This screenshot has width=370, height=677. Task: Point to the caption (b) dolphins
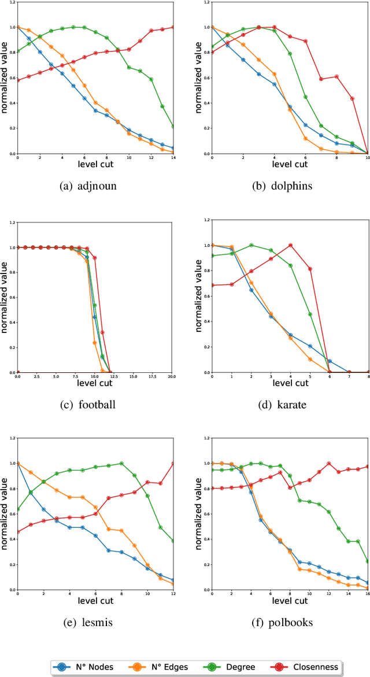(283, 186)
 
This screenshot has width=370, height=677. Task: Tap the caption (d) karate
(283, 404)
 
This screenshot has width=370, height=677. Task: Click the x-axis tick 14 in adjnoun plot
(173, 158)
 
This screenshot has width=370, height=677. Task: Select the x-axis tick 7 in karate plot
(349, 376)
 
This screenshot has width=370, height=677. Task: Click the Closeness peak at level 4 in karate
(290, 245)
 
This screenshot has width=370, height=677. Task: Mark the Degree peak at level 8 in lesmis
(121, 463)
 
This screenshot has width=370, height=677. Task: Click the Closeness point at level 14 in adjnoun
(173, 27)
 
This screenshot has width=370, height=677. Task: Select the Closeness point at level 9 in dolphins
(352, 98)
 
